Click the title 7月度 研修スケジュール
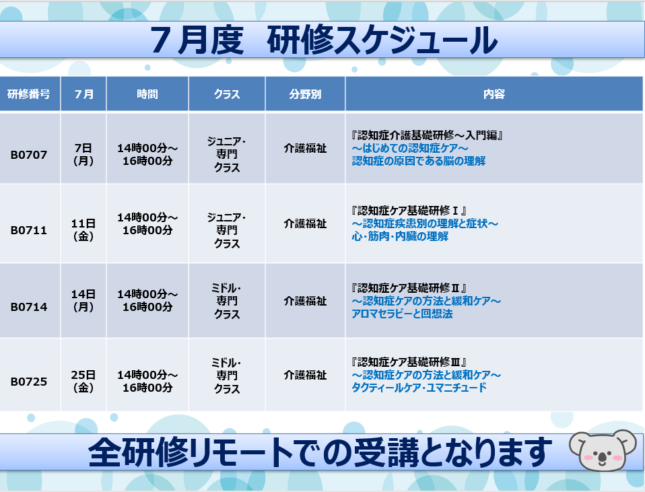pyautogui.click(x=324, y=40)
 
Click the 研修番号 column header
pyautogui.click(x=29, y=94)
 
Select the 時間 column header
pyautogui.click(x=147, y=94)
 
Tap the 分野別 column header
pyautogui.click(x=305, y=94)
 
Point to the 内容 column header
pyautogui.click(x=494, y=94)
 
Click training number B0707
pyautogui.click(x=29, y=155)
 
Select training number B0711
pyautogui.click(x=29, y=230)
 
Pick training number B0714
pyautogui.click(x=29, y=307)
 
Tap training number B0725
pyautogui.click(x=29, y=382)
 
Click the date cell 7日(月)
pyautogui.click(x=83, y=154)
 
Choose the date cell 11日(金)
pyautogui.click(x=83, y=230)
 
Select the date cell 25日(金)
pyautogui.click(x=83, y=381)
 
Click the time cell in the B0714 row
pyautogui.click(x=147, y=300)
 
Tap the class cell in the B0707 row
pyautogui.click(x=227, y=154)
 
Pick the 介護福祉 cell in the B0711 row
pyautogui.click(x=305, y=223)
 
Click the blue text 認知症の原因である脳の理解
pyautogui.click(x=419, y=161)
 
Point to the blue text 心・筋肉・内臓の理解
pyautogui.click(x=400, y=236)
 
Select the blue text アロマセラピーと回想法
pyautogui.click(x=403, y=314)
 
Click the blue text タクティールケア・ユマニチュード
pyautogui.click(x=419, y=388)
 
